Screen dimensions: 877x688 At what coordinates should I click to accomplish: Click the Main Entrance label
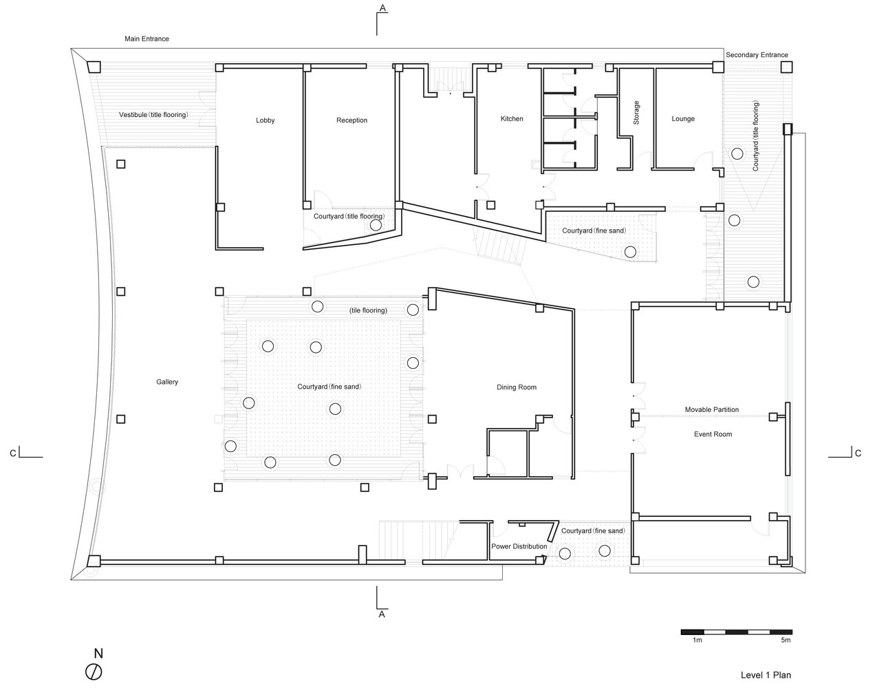point(147,39)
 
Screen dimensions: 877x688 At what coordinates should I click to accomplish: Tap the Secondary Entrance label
point(757,55)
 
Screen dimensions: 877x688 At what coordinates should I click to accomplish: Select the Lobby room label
point(265,120)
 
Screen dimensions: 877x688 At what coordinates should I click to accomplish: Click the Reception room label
point(352,120)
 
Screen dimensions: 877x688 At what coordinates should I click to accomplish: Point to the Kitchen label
point(512,118)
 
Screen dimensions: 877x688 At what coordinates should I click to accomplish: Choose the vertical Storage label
point(636,113)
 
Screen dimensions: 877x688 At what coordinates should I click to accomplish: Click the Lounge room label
point(683,118)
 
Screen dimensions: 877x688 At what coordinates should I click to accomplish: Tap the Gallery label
point(167,382)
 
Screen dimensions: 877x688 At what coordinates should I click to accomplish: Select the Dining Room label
point(517,387)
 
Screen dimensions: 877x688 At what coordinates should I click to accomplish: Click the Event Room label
point(713,434)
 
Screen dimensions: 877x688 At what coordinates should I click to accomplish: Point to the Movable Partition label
point(712,409)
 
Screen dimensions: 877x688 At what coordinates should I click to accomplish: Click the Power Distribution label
point(519,546)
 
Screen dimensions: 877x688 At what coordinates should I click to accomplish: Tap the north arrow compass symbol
point(94,672)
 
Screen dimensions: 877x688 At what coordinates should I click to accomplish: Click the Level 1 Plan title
point(766,675)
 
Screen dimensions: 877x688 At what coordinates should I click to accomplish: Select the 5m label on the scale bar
point(786,640)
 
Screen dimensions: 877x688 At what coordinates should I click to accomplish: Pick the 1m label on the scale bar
point(697,640)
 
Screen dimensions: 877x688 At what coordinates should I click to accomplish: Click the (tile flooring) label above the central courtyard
point(368,310)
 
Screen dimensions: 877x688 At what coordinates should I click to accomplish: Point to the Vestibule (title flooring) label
point(153,115)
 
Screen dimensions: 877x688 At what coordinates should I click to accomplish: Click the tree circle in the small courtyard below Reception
point(376,225)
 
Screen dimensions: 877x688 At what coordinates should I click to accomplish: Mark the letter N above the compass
point(98,654)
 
